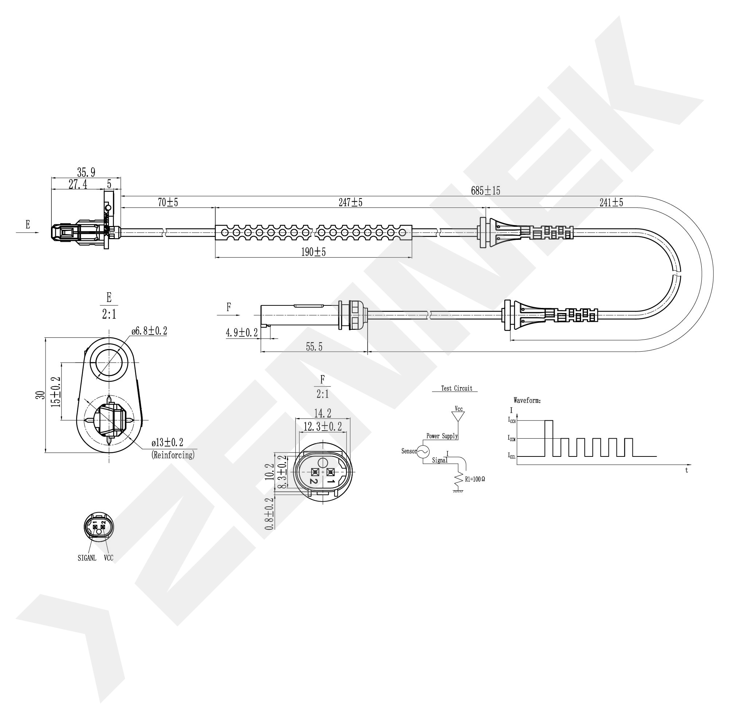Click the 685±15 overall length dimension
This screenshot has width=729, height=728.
485,191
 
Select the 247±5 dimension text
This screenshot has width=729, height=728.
350,202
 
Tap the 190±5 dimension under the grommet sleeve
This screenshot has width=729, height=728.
313,252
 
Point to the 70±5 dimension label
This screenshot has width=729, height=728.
168,202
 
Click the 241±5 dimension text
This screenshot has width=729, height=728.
611,202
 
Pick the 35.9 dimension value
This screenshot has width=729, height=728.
86,173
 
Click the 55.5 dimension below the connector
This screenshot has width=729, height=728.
314,347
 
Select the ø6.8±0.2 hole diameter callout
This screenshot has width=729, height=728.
149,331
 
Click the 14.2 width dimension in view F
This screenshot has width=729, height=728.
323,413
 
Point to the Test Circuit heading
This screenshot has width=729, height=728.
456,388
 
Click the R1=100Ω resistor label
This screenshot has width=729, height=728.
475,479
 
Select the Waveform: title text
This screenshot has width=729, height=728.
527,400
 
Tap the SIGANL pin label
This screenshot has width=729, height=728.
87,558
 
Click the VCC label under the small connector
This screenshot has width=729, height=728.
109,558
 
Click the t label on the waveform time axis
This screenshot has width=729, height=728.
686,471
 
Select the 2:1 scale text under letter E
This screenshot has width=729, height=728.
109,314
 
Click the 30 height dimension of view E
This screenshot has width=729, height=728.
41,395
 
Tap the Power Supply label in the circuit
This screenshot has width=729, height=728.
442,436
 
